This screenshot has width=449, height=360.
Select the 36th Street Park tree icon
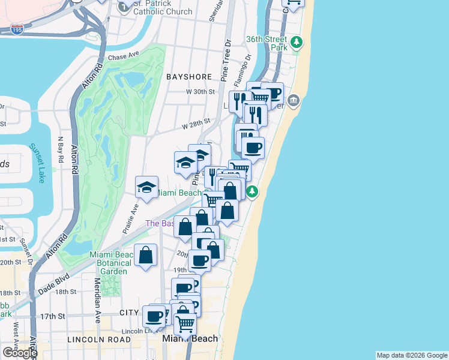tap(297, 43)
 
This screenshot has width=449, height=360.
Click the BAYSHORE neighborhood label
tap(190, 77)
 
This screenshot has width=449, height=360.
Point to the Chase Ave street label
tap(124, 55)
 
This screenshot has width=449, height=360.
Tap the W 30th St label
tap(200, 92)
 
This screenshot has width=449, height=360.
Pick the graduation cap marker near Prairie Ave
tap(146, 188)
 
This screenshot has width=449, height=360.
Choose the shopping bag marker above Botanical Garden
tap(146, 256)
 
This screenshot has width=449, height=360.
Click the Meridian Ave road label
tap(97, 301)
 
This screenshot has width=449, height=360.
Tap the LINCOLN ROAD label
tap(99, 339)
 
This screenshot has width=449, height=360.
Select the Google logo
tap(20, 353)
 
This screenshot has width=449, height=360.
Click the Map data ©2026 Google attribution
tap(412, 355)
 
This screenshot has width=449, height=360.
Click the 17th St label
tap(57, 316)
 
